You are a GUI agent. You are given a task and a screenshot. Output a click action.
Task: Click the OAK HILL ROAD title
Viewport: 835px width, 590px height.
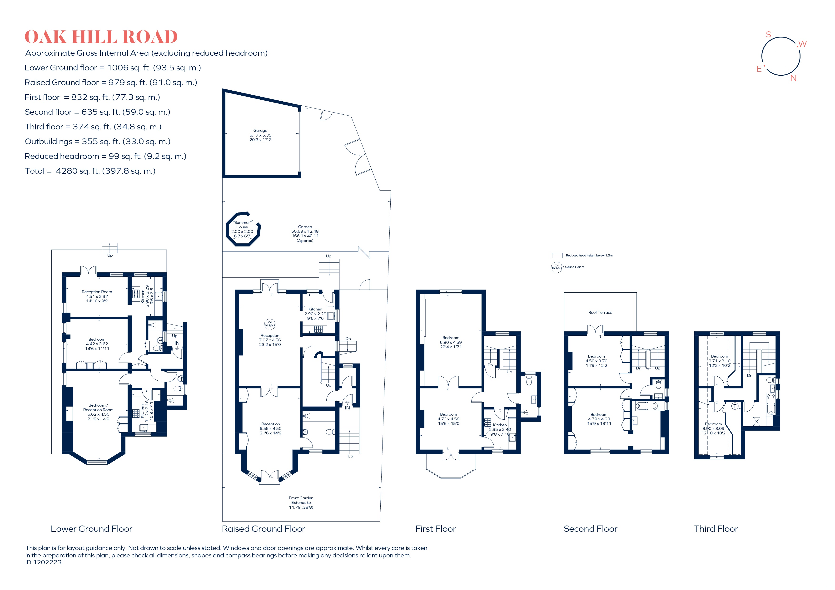tap(101, 37)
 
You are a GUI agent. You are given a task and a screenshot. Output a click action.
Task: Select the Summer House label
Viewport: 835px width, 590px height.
tap(242, 225)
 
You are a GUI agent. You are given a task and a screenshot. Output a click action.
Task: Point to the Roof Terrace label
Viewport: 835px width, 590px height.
tap(600, 312)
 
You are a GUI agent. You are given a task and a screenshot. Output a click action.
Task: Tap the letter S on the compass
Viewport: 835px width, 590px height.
tap(768, 34)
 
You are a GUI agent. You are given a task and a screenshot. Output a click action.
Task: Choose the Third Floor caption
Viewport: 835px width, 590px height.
tap(716, 529)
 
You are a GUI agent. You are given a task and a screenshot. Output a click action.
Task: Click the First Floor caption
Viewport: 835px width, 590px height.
tap(436, 529)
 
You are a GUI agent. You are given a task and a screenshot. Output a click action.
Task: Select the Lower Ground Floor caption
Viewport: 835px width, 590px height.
tap(92, 529)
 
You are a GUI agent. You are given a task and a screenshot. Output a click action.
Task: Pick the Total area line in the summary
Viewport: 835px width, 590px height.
tap(90, 171)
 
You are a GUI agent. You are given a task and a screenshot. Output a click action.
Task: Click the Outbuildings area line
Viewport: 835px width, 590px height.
tap(97, 141)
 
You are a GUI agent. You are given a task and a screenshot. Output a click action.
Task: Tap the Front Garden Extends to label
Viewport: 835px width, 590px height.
tap(301, 500)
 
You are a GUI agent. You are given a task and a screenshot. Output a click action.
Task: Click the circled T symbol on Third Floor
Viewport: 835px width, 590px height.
tap(735, 406)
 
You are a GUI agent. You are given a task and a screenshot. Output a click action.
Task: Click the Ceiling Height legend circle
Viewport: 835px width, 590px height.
tap(557, 267)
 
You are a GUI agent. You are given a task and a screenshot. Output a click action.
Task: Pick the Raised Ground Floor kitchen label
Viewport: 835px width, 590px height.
tap(315, 309)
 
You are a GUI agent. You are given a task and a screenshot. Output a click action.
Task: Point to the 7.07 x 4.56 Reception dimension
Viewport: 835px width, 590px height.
tap(270, 340)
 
